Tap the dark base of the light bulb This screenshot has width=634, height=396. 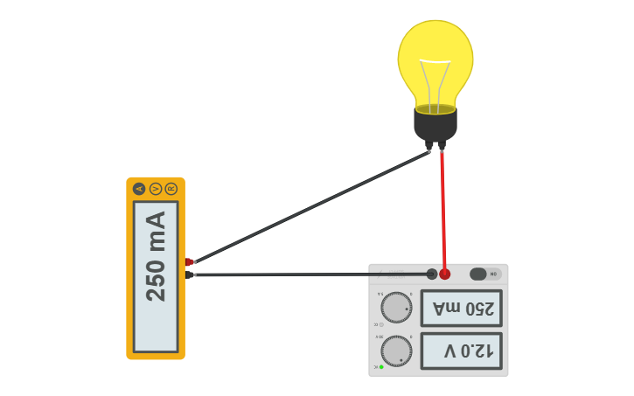click(435, 125)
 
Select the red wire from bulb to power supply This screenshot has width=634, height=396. click(443, 210)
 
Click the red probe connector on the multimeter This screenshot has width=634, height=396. click(189, 261)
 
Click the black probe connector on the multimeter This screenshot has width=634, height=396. click(189, 274)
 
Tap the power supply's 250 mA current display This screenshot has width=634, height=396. click(461, 309)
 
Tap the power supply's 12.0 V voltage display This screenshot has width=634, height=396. click(461, 351)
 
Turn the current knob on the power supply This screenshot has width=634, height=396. click(396, 307)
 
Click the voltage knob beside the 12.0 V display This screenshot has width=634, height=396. click(396, 351)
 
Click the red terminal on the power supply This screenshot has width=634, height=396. click(445, 274)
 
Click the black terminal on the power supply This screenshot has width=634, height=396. click(431, 274)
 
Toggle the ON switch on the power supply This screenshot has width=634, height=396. click(484, 274)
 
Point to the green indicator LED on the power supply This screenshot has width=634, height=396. click(381, 367)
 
